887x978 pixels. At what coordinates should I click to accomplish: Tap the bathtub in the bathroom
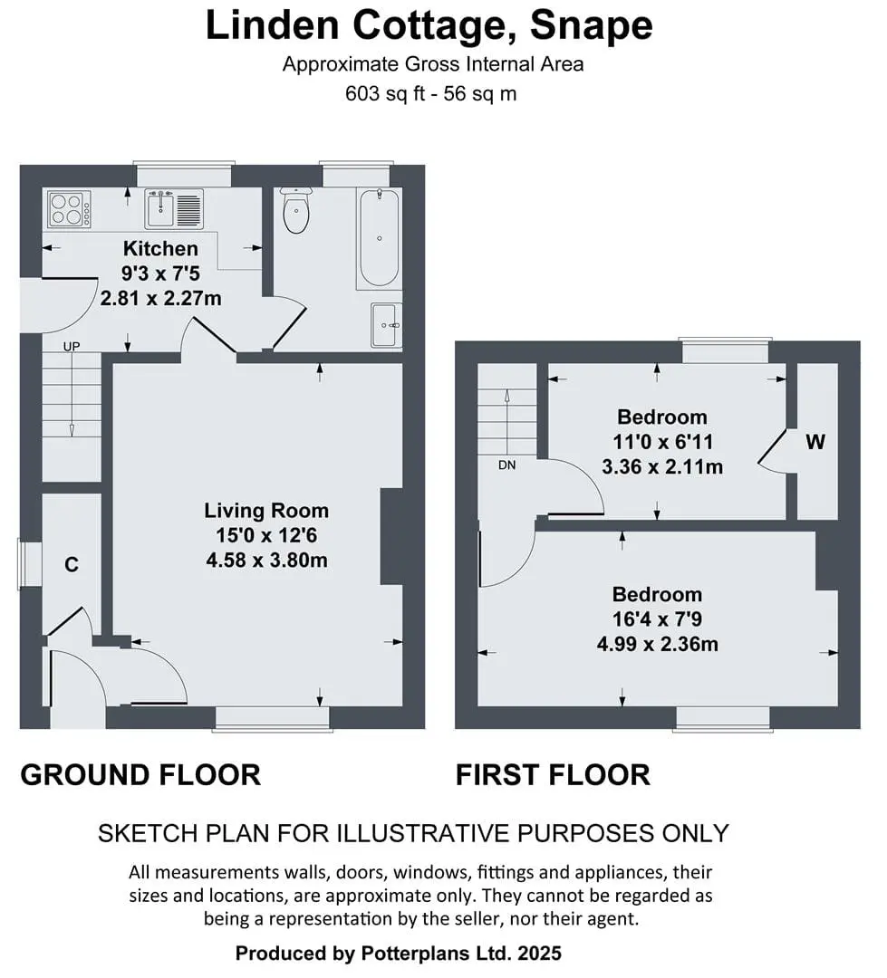click(x=379, y=238)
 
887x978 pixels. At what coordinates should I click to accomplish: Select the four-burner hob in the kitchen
click(x=69, y=209)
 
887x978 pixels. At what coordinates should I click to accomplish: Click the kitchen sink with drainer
click(x=174, y=209)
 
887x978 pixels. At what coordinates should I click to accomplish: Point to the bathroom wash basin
click(x=386, y=325)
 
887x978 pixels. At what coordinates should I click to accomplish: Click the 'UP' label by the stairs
click(x=72, y=346)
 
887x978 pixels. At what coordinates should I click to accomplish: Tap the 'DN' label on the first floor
click(x=506, y=465)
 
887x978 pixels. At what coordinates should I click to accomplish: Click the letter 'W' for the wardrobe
click(x=815, y=442)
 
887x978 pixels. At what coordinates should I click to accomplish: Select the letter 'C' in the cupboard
click(x=72, y=564)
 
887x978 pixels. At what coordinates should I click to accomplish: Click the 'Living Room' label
click(x=266, y=510)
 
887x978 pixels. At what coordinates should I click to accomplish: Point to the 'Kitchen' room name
click(x=160, y=248)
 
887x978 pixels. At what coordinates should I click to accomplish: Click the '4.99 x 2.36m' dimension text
click(x=657, y=644)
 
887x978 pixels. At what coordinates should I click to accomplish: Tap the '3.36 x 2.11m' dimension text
click(x=662, y=466)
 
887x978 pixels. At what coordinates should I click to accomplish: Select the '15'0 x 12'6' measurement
click(x=266, y=535)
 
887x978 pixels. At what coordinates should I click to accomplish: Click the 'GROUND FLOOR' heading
click(x=140, y=774)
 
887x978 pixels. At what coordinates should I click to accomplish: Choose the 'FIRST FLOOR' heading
click(x=553, y=774)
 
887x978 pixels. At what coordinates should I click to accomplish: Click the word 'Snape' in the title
click(x=591, y=25)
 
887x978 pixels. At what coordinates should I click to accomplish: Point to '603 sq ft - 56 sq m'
click(x=430, y=93)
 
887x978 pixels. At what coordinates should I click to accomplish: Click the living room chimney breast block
click(x=391, y=536)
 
